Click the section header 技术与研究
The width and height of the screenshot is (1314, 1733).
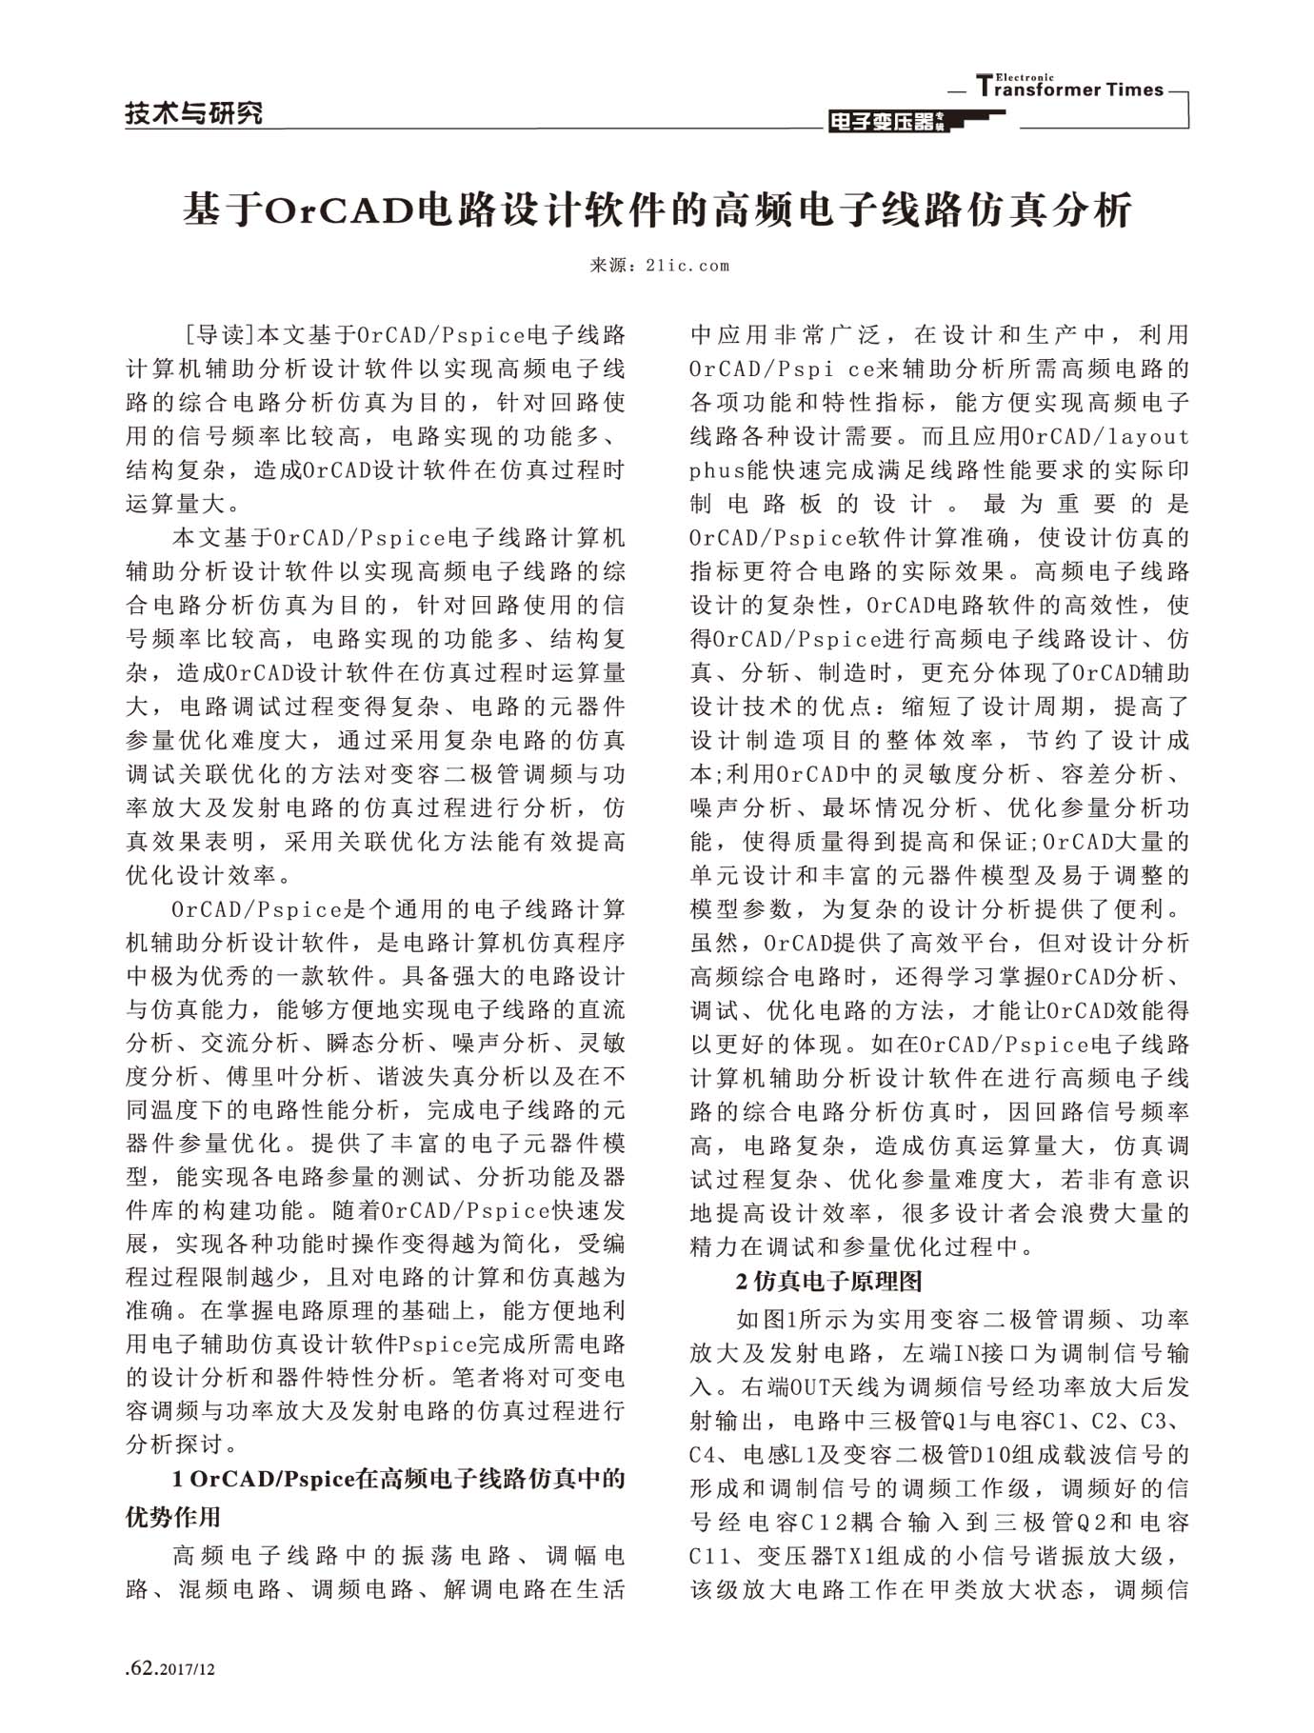click(194, 114)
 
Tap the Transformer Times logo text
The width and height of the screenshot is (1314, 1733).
click(1071, 89)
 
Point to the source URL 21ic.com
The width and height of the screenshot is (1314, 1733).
click(687, 266)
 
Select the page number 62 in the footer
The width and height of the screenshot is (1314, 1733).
click(142, 1668)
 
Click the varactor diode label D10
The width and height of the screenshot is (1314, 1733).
click(986, 1455)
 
